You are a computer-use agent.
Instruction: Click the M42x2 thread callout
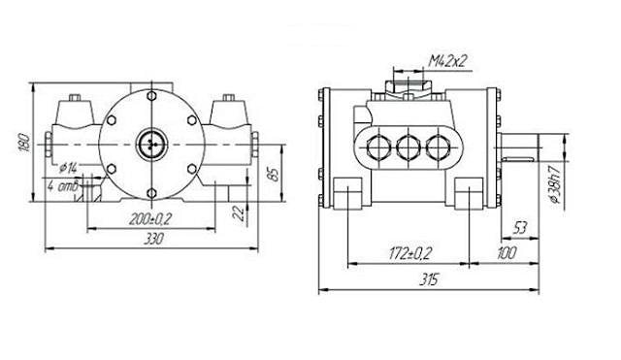pyautogui.click(x=449, y=61)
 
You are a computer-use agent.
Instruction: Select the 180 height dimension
pyautogui.click(x=24, y=143)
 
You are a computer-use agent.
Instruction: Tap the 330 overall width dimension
pyautogui.click(x=153, y=239)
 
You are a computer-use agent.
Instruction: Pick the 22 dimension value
pyautogui.click(x=239, y=213)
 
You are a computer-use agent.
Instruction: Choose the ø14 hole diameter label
pyautogui.click(x=68, y=168)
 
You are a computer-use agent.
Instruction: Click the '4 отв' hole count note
pyautogui.click(x=63, y=185)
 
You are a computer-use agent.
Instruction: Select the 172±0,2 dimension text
pyautogui.click(x=409, y=254)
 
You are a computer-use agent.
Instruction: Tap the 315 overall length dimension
pyautogui.click(x=429, y=279)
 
